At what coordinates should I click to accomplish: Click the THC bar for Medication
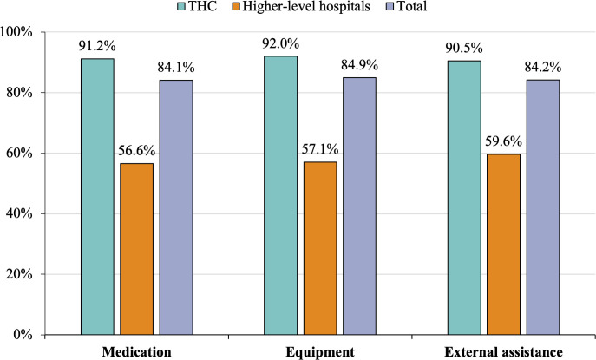[97, 196]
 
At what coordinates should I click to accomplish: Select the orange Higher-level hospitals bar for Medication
[136, 248]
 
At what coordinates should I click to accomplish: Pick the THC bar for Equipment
[280, 195]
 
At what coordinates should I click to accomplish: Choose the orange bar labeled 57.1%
[320, 247]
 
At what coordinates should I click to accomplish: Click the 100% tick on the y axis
[16, 32]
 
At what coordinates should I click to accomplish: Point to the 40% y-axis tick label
[19, 213]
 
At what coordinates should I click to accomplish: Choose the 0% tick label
[23, 335]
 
